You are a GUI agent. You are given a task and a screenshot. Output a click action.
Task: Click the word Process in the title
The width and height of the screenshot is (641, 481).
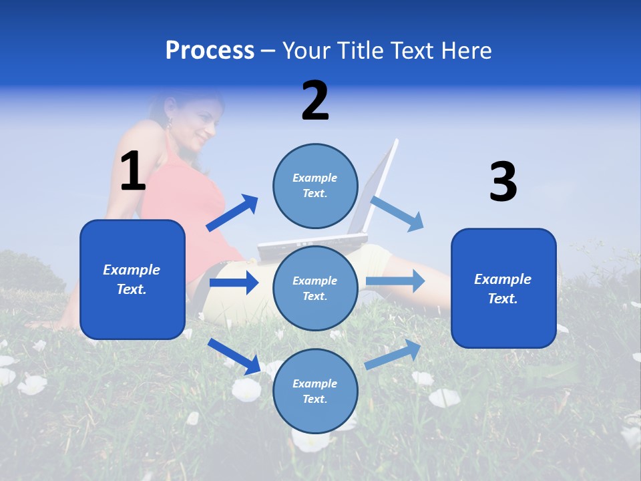(210, 51)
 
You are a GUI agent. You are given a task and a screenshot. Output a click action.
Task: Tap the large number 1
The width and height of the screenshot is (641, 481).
(133, 172)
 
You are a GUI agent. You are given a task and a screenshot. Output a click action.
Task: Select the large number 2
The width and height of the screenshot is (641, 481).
(315, 101)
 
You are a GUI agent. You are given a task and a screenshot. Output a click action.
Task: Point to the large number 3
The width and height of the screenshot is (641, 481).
(503, 182)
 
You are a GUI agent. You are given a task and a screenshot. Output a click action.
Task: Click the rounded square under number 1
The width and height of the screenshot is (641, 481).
(132, 279)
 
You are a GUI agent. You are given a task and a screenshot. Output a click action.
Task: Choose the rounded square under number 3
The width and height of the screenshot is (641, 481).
(503, 289)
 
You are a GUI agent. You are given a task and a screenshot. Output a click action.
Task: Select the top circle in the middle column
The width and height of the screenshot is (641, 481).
(315, 186)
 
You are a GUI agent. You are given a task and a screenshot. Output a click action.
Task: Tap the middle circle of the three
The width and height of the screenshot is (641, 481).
(315, 288)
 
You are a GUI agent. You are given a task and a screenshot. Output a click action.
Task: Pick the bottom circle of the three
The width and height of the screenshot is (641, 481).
(315, 391)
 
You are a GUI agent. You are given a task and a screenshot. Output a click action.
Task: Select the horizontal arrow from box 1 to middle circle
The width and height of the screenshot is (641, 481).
(234, 283)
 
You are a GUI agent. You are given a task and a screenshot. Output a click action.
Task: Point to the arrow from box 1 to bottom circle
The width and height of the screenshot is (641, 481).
(234, 356)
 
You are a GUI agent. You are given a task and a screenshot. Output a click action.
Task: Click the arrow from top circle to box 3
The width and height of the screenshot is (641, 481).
(397, 213)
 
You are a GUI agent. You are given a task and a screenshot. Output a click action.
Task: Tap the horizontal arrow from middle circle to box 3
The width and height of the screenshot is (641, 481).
(395, 281)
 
